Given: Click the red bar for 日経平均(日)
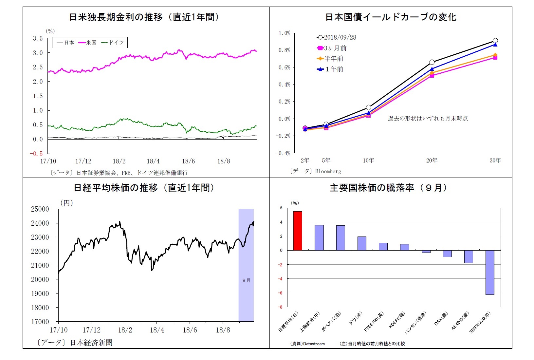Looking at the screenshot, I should (x=298, y=231).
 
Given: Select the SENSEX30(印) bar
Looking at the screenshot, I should (x=490, y=272).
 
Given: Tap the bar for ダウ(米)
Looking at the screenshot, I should (x=362, y=243).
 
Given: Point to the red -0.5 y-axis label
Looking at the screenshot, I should (x=36, y=154).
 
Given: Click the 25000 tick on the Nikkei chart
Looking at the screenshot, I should (x=40, y=209).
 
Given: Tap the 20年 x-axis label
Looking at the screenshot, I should (x=432, y=160).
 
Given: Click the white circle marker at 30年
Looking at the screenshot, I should (x=495, y=41).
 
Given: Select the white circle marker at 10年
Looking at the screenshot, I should (x=368, y=107).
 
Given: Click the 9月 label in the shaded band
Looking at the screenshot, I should (x=246, y=280).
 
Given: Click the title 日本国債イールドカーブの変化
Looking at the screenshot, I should (x=391, y=17).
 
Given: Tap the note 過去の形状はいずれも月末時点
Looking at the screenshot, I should (x=428, y=118).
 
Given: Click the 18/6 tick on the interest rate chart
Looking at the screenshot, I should (x=188, y=161).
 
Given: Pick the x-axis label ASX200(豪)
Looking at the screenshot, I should (x=460, y=321).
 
